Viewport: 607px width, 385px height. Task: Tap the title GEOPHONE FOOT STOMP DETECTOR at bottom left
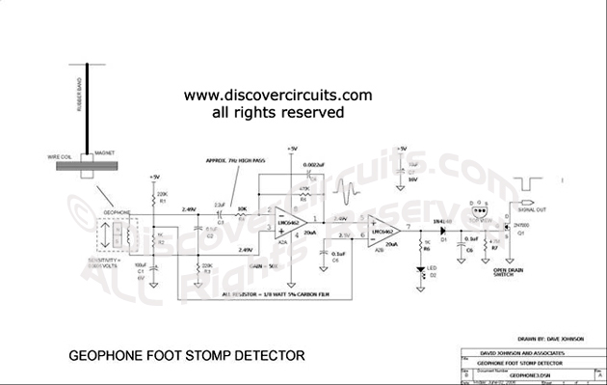point(187,356)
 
